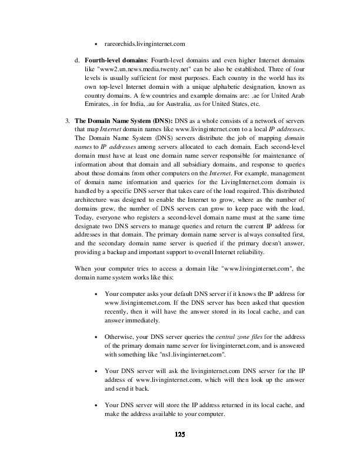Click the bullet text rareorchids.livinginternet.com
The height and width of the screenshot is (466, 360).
145,43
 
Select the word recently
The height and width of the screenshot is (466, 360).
118,310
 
